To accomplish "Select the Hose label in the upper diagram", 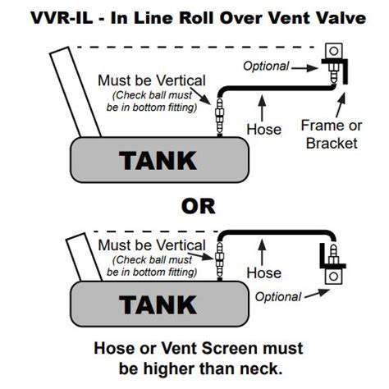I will pyautogui.click(x=264, y=129).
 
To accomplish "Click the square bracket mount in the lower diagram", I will pyautogui.click(x=333, y=277).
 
